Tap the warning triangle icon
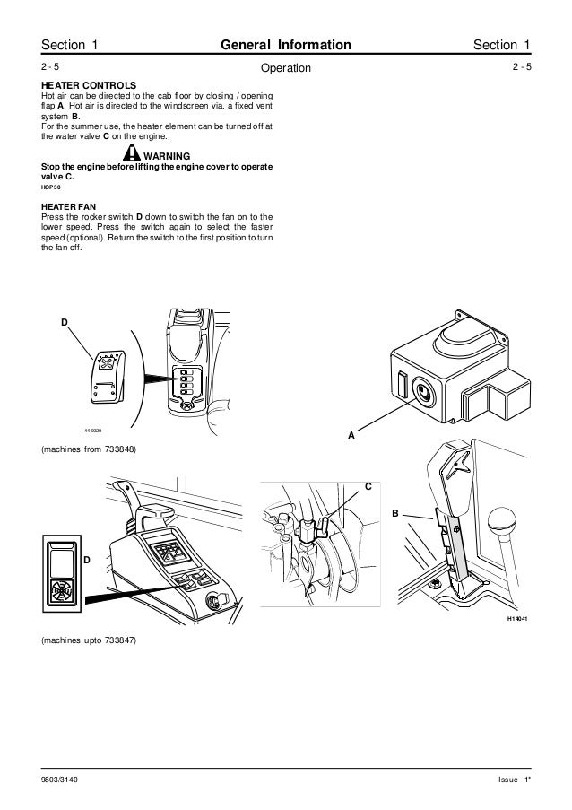click(x=133, y=152)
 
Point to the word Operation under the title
click(x=285, y=69)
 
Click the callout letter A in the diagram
click(x=351, y=435)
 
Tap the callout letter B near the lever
click(x=394, y=513)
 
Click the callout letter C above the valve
click(x=366, y=486)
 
